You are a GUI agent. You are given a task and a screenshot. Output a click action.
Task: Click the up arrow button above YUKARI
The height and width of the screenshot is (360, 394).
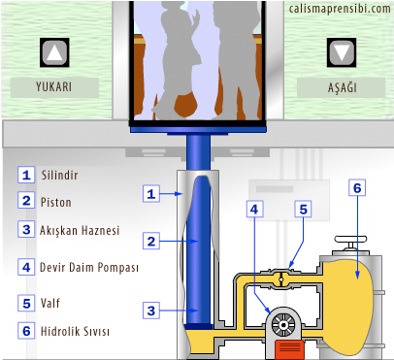(54, 52)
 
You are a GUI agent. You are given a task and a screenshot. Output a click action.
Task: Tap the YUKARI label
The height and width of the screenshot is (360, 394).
(53, 86)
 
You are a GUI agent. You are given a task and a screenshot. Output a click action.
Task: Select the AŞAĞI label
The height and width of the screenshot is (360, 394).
(342, 87)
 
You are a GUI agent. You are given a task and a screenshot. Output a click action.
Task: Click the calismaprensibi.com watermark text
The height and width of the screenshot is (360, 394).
(340, 9)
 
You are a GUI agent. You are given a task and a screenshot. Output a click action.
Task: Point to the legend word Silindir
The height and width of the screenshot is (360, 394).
(59, 175)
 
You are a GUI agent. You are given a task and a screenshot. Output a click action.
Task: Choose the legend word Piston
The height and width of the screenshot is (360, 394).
(56, 202)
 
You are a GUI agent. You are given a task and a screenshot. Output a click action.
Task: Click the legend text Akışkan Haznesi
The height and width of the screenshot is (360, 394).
(80, 230)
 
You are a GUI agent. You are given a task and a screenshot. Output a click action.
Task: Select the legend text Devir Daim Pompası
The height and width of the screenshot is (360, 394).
(89, 268)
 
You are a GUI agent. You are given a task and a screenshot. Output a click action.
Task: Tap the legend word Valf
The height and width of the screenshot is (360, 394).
(50, 303)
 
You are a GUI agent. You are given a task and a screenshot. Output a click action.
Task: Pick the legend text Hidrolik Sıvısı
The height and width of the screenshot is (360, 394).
(75, 331)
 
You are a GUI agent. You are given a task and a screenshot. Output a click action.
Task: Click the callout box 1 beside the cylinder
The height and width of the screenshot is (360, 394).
(151, 194)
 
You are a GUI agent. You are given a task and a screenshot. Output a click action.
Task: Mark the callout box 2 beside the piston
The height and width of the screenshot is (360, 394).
(151, 241)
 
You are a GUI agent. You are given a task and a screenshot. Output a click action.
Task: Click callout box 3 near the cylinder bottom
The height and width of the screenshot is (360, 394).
(151, 311)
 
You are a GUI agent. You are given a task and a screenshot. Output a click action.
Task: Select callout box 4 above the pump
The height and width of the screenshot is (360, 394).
(254, 209)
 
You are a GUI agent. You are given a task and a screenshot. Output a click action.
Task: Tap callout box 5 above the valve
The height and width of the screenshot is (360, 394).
(303, 209)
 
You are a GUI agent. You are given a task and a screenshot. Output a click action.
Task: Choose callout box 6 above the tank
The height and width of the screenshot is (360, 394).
(357, 187)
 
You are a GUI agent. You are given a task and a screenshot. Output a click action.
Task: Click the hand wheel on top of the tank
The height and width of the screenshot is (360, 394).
(351, 240)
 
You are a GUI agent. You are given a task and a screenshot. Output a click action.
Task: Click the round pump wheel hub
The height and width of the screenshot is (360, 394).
(283, 324)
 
